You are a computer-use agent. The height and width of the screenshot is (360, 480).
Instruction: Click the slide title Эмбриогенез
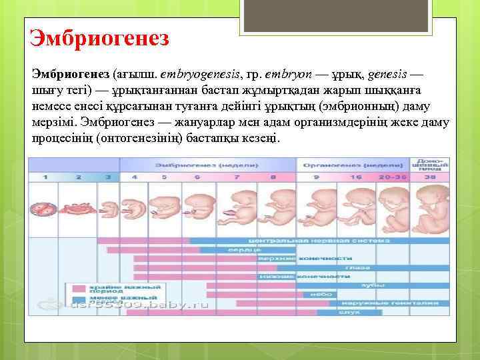click(x=99, y=35)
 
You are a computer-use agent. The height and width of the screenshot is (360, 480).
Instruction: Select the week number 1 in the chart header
click(x=46, y=177)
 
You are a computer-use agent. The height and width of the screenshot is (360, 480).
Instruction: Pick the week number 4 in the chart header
click(x=134, y=177)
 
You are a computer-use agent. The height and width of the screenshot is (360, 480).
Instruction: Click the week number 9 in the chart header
click(x=317, y=177)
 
